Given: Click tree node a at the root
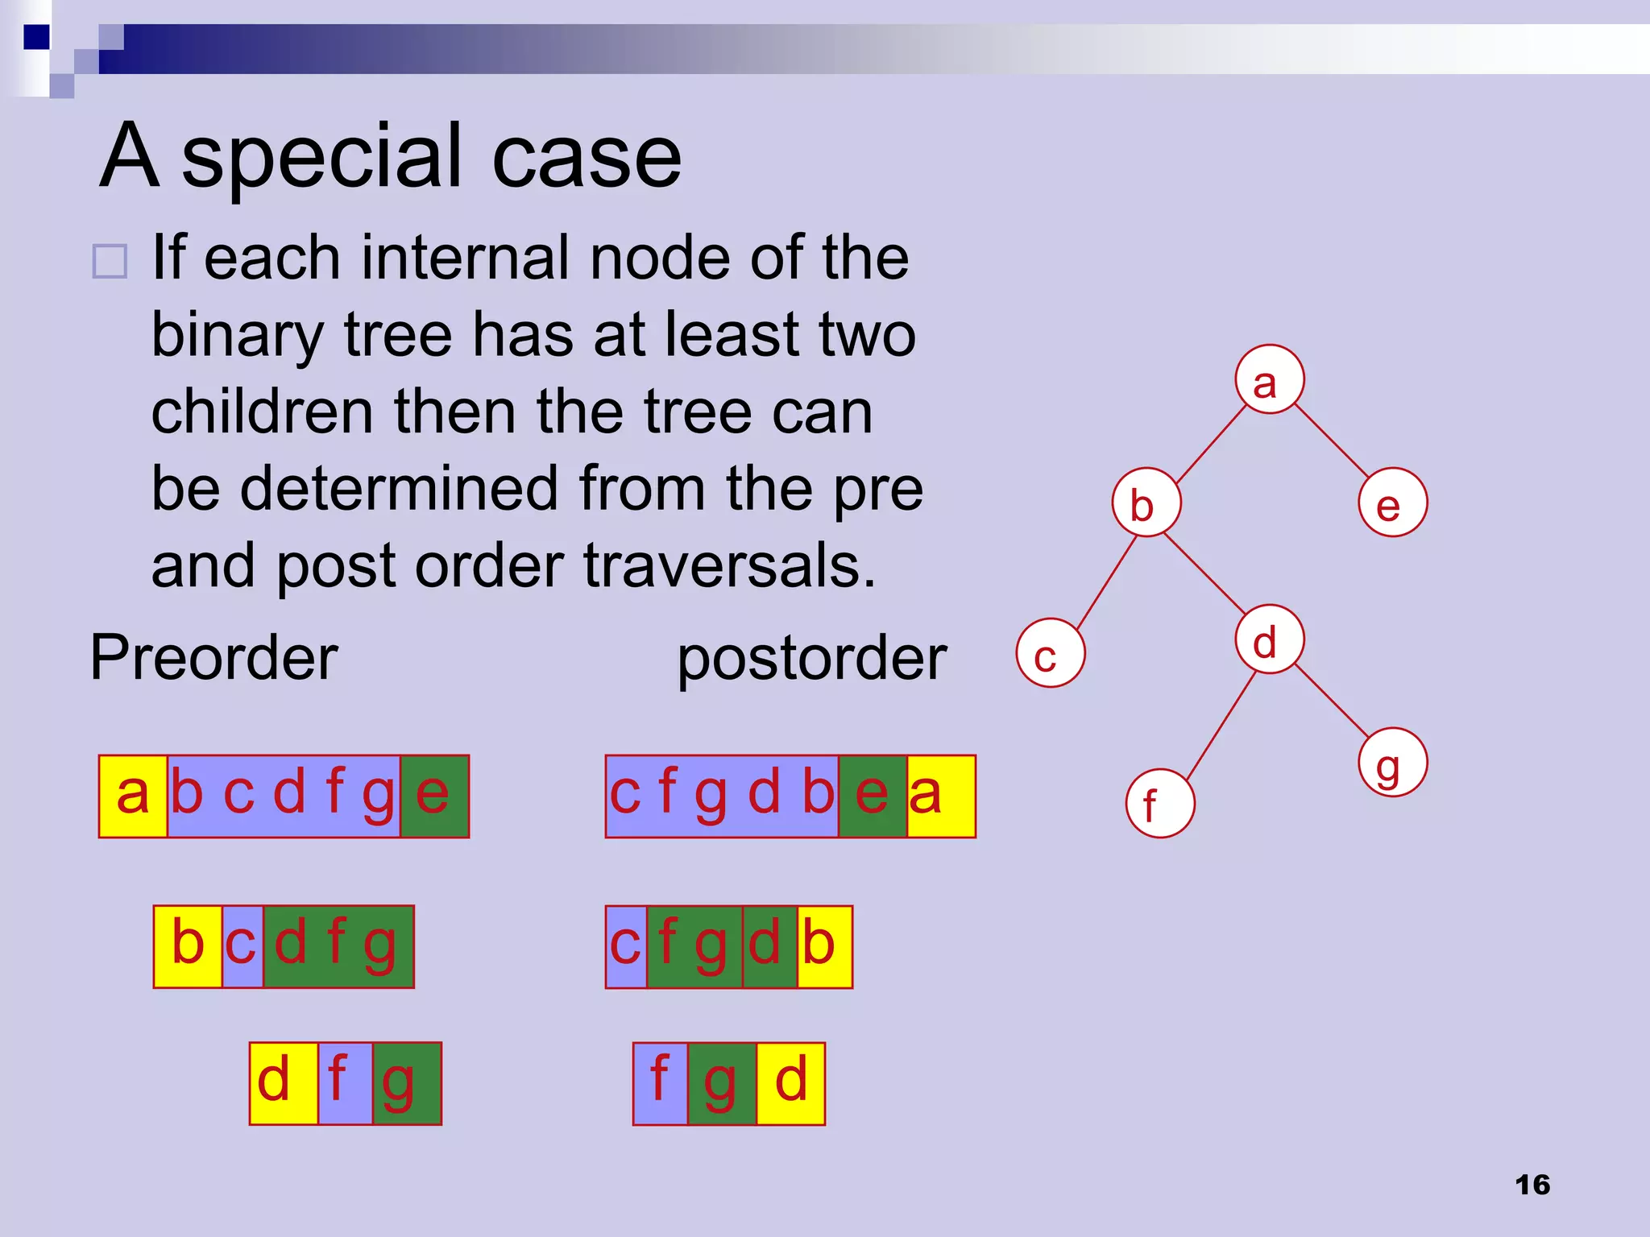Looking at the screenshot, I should click(1270, 379).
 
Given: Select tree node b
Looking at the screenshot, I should click(1146, 503).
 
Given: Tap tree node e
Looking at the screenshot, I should click(1393, 503).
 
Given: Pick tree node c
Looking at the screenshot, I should click(1051, 653).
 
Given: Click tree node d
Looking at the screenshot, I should click(1270, 639).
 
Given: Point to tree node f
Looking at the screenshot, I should click(1160, 804).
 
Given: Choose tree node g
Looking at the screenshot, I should click(1393, 763).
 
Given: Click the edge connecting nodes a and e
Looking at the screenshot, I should click(1332, 441).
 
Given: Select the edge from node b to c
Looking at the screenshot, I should click(1105, 583).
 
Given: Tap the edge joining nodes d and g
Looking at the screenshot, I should click(1332, 701).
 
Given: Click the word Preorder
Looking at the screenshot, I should click(214, 658).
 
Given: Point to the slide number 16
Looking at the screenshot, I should click(1532, 1185).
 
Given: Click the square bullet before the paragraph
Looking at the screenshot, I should click(110, 262).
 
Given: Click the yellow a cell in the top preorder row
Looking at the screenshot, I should click(133, 796).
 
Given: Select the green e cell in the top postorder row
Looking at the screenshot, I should click(873, 796).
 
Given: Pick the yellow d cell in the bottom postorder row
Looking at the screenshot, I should click(790, 1083).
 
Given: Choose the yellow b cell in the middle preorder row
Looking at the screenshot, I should click(188, 946).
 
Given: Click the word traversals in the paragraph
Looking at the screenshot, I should click(729, 565).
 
